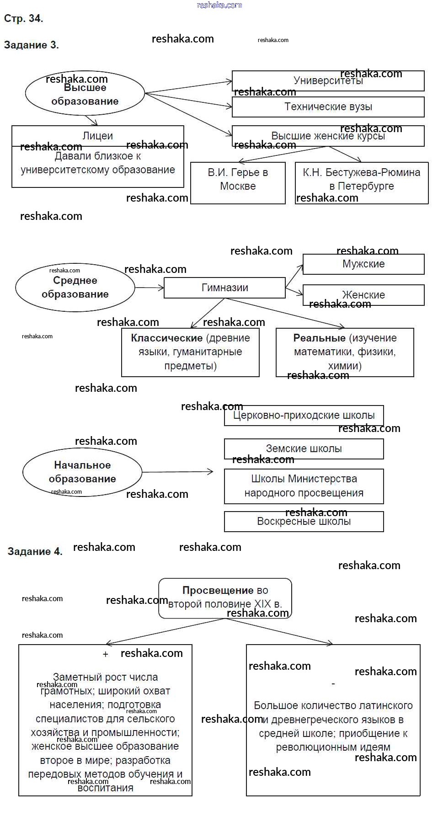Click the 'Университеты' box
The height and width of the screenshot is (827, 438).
(x=328, y=81)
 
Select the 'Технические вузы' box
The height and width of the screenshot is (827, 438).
(x=328, y=107)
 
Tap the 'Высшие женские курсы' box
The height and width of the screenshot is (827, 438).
(x=328, y=136)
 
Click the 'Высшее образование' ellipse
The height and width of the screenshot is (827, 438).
(x=85, y=94)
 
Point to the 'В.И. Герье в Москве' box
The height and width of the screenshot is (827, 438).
(x=238, y=183)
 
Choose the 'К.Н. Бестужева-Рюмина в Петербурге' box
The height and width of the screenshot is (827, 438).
(x=361, y=183)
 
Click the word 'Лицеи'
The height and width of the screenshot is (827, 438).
(x=97, y=136)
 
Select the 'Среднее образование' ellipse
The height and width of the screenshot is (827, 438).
(x=75, y=288)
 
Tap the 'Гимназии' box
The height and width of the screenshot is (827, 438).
(x=224, y=288)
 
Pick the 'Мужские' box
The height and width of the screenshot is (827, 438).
(x=363, y=264)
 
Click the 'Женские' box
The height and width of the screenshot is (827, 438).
(x=363, y=295)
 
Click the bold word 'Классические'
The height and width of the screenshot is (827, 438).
(x=166, y=338)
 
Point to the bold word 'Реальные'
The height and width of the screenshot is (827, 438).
(x=319, y=338)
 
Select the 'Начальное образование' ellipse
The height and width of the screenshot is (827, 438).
(x=82, y=472)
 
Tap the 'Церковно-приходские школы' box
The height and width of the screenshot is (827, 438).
(x=304, y=416)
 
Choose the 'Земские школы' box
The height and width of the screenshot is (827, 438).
(x=304, y=449)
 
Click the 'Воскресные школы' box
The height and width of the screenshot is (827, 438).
(x=304, y=522)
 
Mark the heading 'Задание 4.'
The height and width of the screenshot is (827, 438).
(x=35, y=551)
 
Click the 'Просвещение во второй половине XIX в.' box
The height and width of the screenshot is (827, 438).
(x=225, y=598)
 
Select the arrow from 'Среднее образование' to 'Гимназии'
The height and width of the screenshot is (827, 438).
(x=149, y=288)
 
